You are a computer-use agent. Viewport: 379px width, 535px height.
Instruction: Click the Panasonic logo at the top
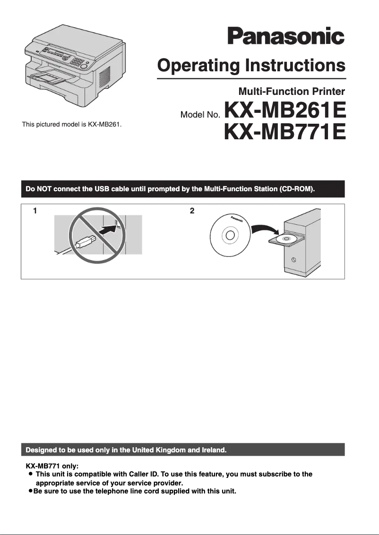point(286,36)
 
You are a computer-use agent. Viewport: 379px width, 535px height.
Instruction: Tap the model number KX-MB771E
point(285,132)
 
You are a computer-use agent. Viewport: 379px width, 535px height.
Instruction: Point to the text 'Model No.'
point(200,115)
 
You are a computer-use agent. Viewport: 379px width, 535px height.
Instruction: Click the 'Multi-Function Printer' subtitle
point(292,91)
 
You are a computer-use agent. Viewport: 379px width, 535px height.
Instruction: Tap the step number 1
point(35,211)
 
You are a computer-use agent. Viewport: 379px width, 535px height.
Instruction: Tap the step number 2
point(192,211)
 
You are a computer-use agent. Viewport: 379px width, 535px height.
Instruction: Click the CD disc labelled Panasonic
point(231,235)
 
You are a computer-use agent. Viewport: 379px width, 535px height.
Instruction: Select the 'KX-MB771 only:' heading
point(52,466)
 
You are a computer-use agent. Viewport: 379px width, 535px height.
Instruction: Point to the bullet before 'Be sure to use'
point(30,492)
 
